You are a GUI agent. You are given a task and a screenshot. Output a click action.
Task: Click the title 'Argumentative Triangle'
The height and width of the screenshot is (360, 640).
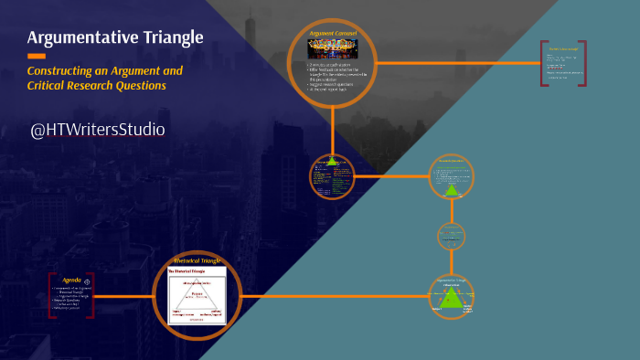[x=114, y=37]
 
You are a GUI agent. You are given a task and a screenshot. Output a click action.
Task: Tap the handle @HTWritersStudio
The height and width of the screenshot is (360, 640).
[x=98, y=130]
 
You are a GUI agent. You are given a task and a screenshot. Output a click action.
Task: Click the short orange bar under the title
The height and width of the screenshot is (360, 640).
[x=37, y=56]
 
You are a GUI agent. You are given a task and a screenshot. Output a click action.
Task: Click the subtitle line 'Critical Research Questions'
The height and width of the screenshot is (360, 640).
[x=96, y=86]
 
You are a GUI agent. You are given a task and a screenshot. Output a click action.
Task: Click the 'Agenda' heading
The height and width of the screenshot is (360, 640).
[x=71, y=280]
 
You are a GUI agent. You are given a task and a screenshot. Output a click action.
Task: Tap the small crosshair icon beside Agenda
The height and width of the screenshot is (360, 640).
[x=87, y=280]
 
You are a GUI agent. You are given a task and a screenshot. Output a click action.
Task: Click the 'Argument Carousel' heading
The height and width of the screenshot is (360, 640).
[x=332, y=34]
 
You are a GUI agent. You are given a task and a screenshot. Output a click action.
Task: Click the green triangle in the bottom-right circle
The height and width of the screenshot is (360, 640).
[x=453, y=299]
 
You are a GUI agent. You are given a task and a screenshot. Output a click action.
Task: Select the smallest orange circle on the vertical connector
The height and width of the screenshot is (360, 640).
[x=453, y=237]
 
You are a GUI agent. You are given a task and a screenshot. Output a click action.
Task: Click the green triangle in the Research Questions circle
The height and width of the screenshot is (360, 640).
[x=451, y=189]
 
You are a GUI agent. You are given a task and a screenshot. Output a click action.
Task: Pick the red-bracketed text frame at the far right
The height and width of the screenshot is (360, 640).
[x=562, y=64]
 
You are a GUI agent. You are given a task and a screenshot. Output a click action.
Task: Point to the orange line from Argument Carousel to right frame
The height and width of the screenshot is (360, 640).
[x=457, y=63]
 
